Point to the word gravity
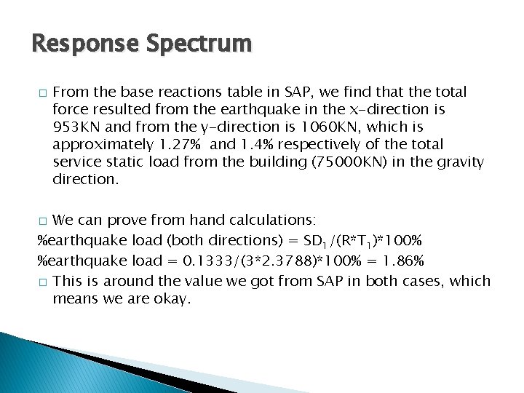pos(458,162)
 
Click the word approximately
pos(98,144)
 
